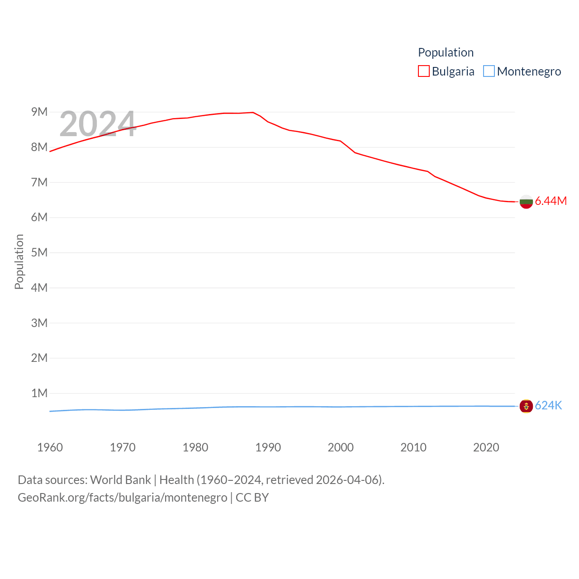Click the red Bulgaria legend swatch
tap(424, 71)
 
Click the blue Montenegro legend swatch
tap(489, 71)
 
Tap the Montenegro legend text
tap(529, 71)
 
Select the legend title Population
tap(446, 52)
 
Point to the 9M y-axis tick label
tap(39, 112)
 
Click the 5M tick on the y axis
tap(39, 252)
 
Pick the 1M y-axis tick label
tap(39, 393)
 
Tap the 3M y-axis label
tap(39, 323)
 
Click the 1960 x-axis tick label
tap(50, 447)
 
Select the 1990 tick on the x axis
tap(268, 447)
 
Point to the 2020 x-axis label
tap(486, 447)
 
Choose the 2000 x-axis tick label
tap(341, 447)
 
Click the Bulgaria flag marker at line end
tap(526, 202)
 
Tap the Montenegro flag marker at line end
tap(526, 406)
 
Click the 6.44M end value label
tap(551, 201)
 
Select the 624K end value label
tap(548, 406)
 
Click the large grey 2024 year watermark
tap(98, 124)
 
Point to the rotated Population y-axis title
tap(19, 261)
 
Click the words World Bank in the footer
tap(120, 480)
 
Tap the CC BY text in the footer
tap(252, 498)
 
